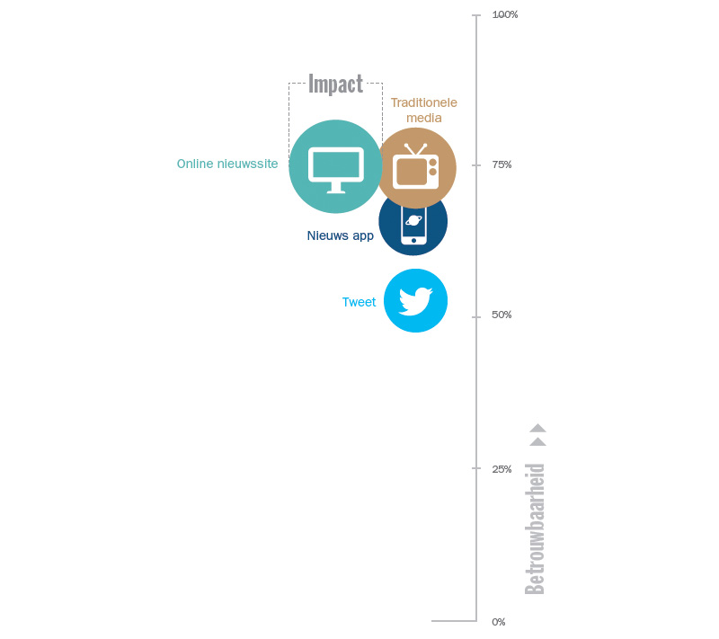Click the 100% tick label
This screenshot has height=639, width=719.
point(505,14)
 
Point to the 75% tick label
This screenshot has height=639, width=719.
point(502,164)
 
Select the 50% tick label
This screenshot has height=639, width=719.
point(502,315)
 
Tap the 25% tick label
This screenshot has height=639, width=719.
point(502,469)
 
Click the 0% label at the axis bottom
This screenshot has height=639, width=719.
point(499,622)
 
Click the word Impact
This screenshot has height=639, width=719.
point(335,84)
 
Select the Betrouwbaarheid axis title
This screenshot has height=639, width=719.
point(535,528)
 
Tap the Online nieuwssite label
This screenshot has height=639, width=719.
point(227,164)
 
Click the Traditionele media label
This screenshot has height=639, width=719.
point(424,110)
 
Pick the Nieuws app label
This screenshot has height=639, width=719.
point(341,235)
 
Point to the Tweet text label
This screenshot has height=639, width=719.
point(359,302)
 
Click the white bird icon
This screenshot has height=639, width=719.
point(415,301)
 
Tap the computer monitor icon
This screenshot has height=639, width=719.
point(336,170)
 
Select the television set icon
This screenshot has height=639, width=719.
point(416,166)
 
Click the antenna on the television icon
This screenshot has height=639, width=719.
point(416,149)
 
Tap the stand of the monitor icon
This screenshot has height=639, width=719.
point(336,188)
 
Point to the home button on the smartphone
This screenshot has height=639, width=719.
point(413,241)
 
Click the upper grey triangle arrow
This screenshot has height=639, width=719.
point(537,428)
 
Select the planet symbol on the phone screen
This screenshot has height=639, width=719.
point(413,220)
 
